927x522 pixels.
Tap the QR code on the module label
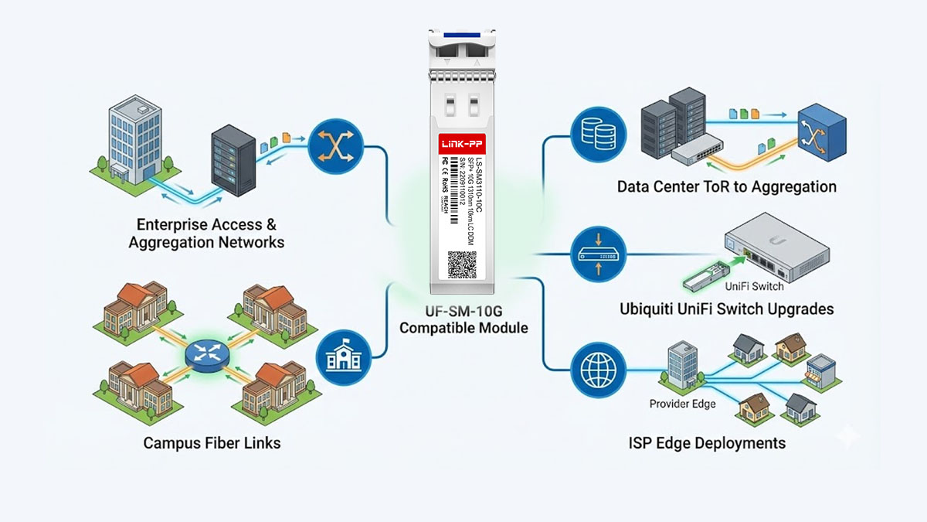[x=463, y=263]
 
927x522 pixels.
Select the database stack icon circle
[x=594, y=133]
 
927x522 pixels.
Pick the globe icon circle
[x=594, y=369]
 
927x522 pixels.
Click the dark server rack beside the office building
[x=233, y=163]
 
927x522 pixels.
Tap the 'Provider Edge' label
[x=682, y=404]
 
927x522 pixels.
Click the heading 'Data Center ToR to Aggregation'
[x=726, y=186]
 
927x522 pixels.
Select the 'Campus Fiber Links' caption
[x=212, y=443]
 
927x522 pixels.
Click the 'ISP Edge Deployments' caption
[x=707, y=443]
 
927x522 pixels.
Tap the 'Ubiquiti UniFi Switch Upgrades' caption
[x=726, y=309]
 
